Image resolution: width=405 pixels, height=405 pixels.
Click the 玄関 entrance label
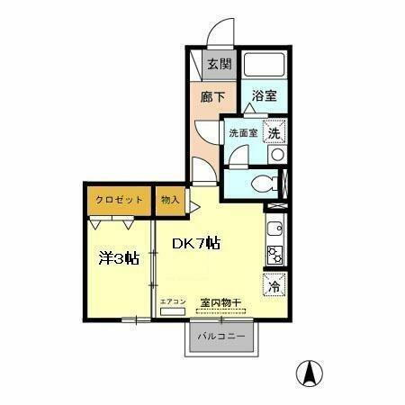[x=218, y=64]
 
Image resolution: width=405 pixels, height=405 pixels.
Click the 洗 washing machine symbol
[x=275, y=130]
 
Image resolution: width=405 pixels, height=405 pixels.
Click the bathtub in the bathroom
[x=264, y=65]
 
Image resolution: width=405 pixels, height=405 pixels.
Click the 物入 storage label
[x=171, y=200]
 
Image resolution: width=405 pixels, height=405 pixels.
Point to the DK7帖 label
[x=197, y=244]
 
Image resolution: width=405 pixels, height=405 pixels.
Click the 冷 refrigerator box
[x=275, y=287]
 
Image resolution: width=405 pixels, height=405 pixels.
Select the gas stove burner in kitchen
[x=275, y=255]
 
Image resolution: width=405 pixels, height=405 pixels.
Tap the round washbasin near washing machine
[x=277, y=154]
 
